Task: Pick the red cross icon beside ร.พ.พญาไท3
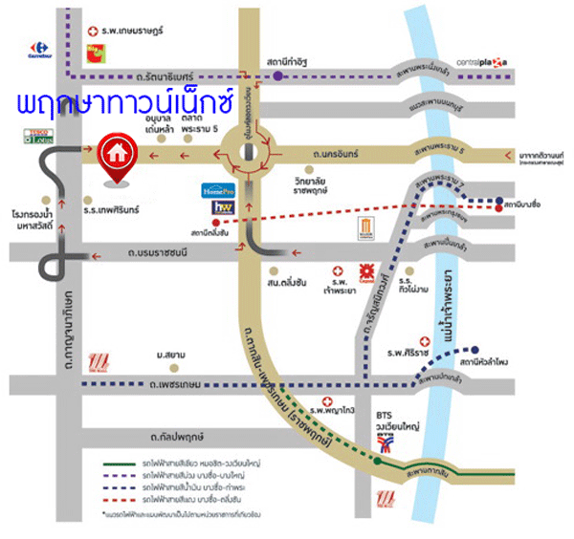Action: point(327,401)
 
